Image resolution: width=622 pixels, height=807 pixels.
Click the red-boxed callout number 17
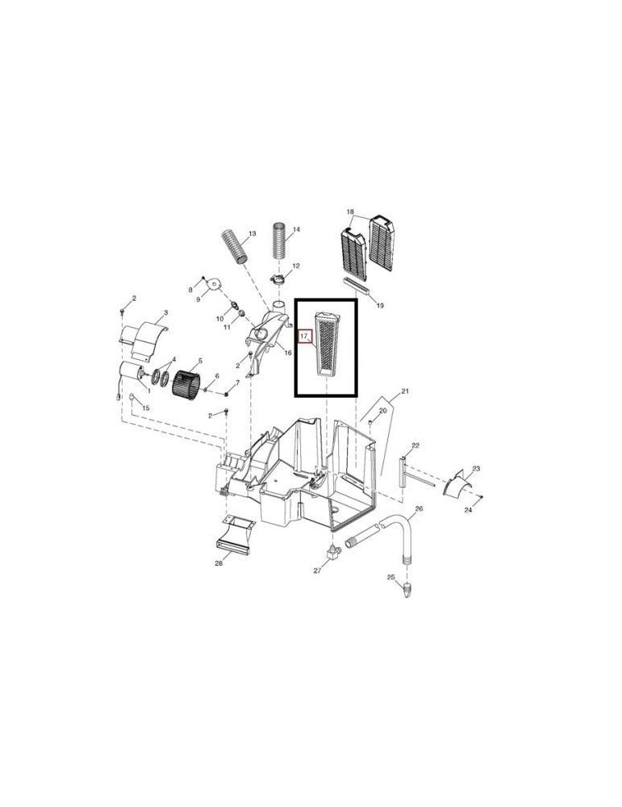coord(304,336)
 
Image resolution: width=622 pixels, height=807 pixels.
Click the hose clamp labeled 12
coord(279,279)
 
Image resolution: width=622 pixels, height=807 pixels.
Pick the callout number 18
coord(350,212)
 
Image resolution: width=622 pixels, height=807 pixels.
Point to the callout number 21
coord(404,392)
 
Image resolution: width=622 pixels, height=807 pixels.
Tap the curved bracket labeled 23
coord(456,483)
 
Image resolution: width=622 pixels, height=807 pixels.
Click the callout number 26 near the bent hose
coord(419,509)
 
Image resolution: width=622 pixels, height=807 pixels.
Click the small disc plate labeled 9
coord(215,284)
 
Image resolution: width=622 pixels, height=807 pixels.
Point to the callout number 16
coord(286,353)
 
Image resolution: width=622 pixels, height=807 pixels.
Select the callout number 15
coord(146,408)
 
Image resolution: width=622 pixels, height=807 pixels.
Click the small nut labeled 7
coord(228,393)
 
